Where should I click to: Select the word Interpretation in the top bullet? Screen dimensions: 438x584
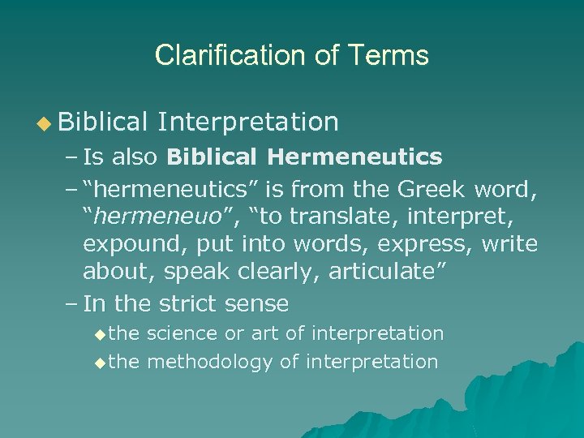coord(248,122)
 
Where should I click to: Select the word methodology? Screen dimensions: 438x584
coord(209,362)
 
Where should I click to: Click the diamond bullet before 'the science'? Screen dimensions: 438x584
coord(100,334)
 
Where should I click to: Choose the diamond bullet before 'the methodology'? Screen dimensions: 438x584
coord(100,363)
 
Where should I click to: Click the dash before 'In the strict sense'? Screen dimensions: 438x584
coord(70,304)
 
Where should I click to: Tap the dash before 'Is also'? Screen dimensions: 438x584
coord(70,156)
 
